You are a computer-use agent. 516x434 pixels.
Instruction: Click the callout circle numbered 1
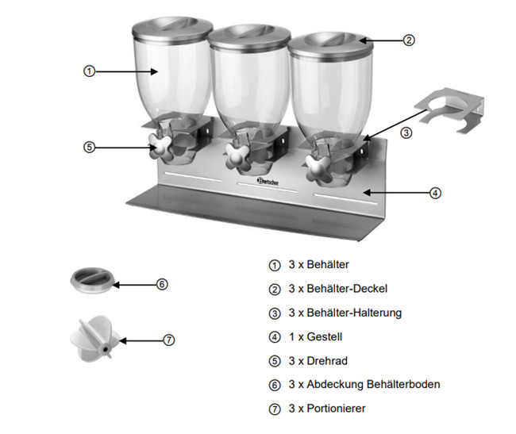(x=89, y=71)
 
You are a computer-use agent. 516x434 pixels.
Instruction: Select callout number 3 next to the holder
(x=406, y=133)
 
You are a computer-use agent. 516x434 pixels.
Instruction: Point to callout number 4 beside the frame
(x=435, y=192)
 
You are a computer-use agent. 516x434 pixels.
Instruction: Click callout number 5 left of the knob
(x=89, y=147)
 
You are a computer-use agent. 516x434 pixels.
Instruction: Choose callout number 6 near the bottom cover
(x=161, y=283)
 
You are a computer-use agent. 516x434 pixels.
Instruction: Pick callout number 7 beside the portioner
(x=168, y=340)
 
